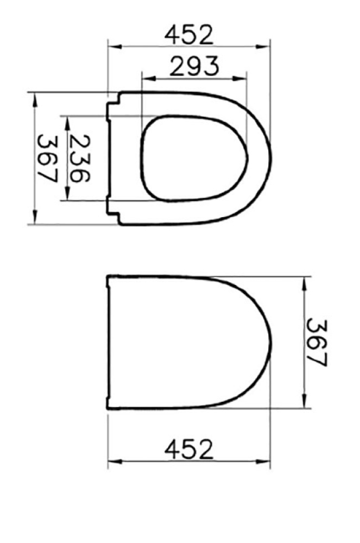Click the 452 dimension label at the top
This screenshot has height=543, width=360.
pyautogui.click(x=189, y=35)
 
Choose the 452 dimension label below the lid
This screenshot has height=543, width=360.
pyautogui.click(x=189, y=450)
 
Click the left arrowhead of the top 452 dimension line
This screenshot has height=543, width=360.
pyautogui.click(x=112, y=47)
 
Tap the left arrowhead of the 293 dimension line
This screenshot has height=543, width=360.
pyautogui.click(x=145, y=78)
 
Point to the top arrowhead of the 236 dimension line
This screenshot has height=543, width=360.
pyautogui.click(x=67, y=120)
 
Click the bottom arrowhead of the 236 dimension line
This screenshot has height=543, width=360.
pyautogui.click(x=67, y=196)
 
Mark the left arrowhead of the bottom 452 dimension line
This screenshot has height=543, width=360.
pyautogui.click(x=112, y=463)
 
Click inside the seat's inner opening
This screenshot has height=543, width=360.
pyautogui.click(x=193, y=158)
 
